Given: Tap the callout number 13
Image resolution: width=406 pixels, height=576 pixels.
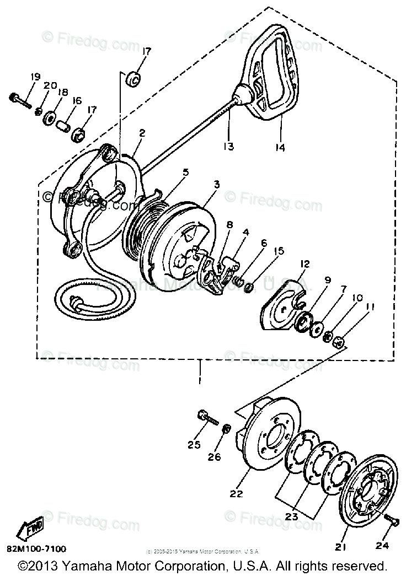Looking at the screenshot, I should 228,146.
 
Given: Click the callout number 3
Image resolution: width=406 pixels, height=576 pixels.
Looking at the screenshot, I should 216,185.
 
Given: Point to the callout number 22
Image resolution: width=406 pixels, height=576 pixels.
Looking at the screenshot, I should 237,494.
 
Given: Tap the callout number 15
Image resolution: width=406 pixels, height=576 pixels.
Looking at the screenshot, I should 279,251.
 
